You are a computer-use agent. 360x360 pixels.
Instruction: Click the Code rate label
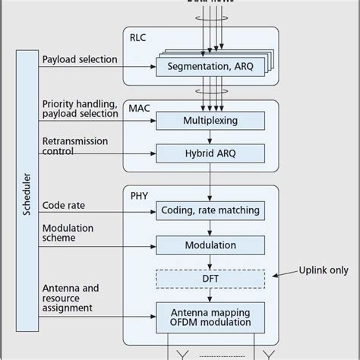[x=63, y=205]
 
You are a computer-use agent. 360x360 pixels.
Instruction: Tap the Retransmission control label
[x=74, y=146]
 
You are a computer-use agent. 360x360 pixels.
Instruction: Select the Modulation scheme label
[x=68, y=232]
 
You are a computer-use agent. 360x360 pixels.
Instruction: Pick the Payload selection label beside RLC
[x=80, y=59]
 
